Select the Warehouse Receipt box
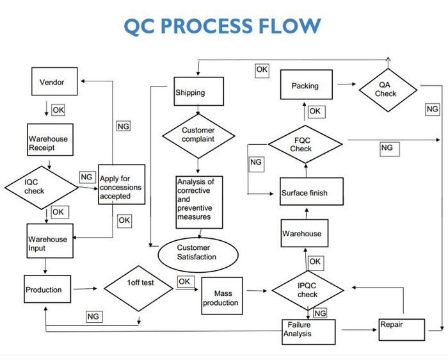(x=48, y=143)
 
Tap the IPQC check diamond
(x=307, y=290)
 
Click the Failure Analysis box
(x=308, y=331)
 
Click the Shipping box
(x=199, y=92)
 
